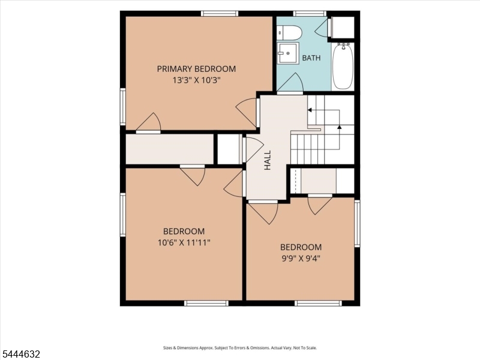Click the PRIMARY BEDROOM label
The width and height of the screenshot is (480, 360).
pyautogui.click(x=196, y=69)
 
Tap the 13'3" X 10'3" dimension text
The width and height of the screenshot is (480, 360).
pyautogui.click(x=196, y=80)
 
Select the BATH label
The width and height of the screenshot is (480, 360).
pyautogui.click(x=311, y=58)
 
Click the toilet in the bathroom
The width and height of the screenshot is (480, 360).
pyautogui.click(x=290, y=32)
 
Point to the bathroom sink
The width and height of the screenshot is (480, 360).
pyautogui.click(x=288, y=53)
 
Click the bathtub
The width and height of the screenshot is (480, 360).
pyautogui.click(x=343, y=67)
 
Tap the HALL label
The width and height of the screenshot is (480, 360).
pyautogui.click(x=268, y=160)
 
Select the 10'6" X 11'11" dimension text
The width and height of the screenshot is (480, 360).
pyautogui.click(x=184, y=243)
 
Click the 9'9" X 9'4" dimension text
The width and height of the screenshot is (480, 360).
pyautogui.click(x=301, y=259)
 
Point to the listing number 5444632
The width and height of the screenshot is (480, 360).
pyautogui.click(x=20, y=354)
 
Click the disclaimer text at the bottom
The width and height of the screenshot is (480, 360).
pyautogui.click(x=240, y=348)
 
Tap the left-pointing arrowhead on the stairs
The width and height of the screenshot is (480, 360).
pyautogui.click(x=310, y=110)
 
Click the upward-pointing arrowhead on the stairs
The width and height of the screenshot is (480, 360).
pyautogui.click(x=339, y=127)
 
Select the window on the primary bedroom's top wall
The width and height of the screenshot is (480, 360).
pyautogui.click(x=220, y=13)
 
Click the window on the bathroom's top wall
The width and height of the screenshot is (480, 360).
pyautogui.click(x=310, y=13)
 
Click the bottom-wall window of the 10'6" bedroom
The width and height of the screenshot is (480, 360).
pyautogui.click(x=206, y=303)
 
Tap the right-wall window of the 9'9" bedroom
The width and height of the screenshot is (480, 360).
pyautogui.click(x=357, y=223)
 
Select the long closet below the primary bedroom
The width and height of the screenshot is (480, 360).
pyautogui.click(x=170, y=149)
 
